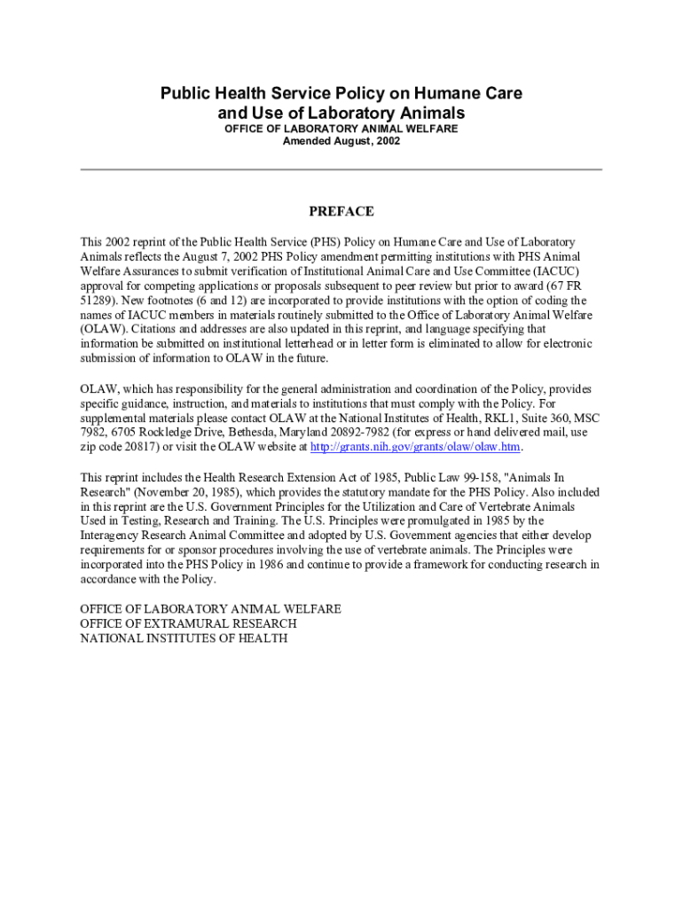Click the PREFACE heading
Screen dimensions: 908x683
coord(341,212)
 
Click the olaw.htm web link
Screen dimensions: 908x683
coord(414,446)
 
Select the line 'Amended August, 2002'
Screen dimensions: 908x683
coord(341,141)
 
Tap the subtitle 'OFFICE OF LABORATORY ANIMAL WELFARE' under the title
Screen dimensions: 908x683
coord(341,129)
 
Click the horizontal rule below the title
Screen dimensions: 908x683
coord(341,169)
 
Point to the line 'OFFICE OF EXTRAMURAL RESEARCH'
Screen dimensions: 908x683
coord(188,623)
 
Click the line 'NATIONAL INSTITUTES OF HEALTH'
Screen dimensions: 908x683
coord(184,638)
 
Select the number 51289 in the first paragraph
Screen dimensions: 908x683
coord(98,301)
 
